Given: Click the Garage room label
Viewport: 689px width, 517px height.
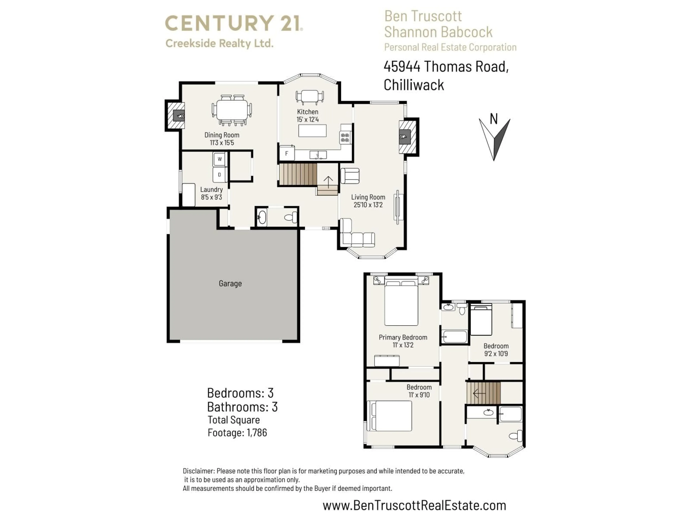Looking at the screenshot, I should coord(230,283).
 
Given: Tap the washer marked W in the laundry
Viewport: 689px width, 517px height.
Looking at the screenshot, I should coord(220,159).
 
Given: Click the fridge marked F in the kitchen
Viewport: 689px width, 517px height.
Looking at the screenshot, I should coord(287,153).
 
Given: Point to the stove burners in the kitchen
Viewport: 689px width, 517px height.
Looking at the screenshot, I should coord(345,138).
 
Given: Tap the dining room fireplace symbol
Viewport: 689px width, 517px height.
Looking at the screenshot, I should coord(179,116).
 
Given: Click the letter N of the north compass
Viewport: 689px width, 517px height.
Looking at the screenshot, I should coord(494,119).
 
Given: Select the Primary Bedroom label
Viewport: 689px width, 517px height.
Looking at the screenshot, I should coord(403,337).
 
